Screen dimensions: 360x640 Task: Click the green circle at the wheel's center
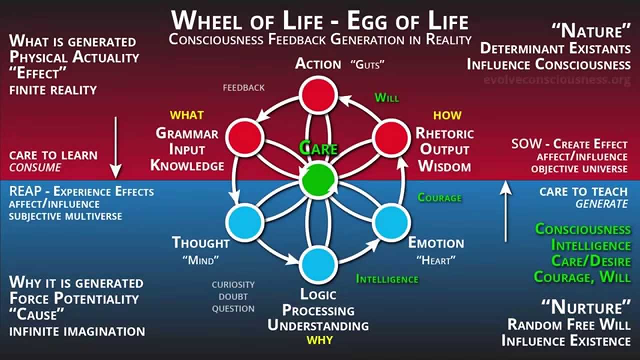pos(318,179)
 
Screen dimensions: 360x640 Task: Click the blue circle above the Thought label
pos(245,222)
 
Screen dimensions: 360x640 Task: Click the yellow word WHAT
pos(186,115)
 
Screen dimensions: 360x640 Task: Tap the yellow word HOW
pos(447,115)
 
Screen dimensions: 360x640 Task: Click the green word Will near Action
pos(387,97)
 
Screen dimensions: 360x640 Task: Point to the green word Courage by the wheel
pos(439,197)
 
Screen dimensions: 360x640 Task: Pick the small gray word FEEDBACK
pos(243,88)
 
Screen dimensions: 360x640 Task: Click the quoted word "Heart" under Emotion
pos(436,260)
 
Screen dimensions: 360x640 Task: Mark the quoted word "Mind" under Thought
pos(201,260)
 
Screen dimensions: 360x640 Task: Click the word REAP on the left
pos(29,191)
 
